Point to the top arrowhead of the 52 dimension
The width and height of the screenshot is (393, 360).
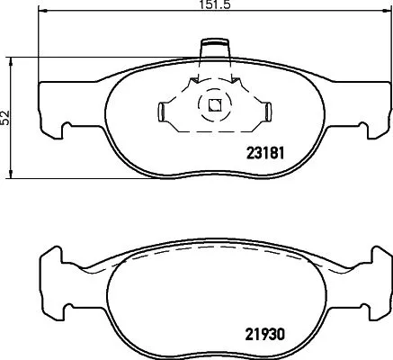click(12, 60)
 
